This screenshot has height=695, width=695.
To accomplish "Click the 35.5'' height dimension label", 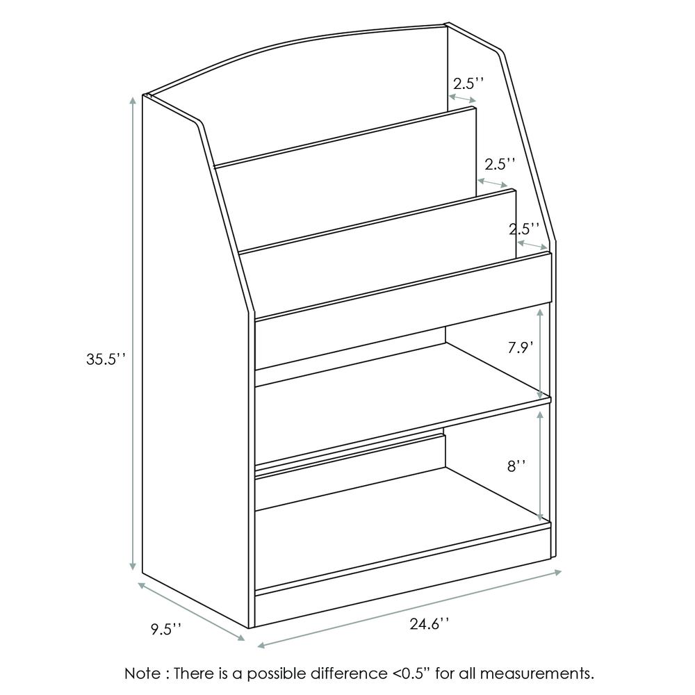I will [104, 359].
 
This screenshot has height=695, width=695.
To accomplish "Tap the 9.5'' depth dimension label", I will [166, 630].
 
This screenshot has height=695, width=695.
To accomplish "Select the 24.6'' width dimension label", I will [428, 625].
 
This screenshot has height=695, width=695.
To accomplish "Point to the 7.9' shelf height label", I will [520, 347].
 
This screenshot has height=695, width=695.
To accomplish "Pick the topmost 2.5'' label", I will [468, 83].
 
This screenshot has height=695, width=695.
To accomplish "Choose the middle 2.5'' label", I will [500, 164].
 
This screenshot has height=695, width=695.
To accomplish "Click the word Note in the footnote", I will [142, 673].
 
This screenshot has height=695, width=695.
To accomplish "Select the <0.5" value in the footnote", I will [416, 673].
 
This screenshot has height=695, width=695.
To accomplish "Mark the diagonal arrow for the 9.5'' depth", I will [192, 611].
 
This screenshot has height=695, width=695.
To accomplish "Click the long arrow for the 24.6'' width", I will [409, 609].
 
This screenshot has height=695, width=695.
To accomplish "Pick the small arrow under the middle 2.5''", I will [492, 182].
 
